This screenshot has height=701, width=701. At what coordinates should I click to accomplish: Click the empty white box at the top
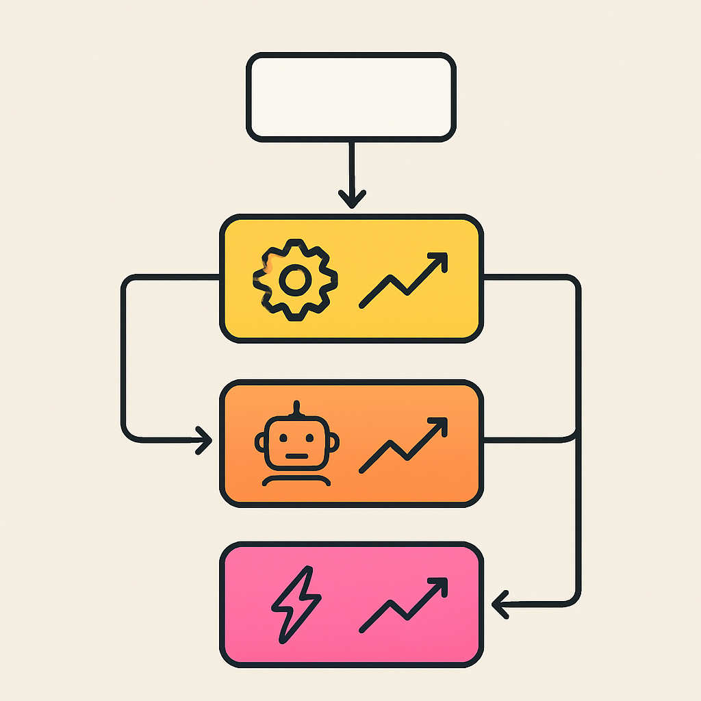click(x=350, y=98)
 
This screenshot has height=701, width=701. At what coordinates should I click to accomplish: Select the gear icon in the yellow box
click(x=295, y=279)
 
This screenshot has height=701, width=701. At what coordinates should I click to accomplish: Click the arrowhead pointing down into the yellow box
click(x=352, y=200)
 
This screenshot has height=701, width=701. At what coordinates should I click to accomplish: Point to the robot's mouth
click(x=296, y=455)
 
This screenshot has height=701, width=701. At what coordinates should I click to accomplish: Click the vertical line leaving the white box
click(x=351, y=168)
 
